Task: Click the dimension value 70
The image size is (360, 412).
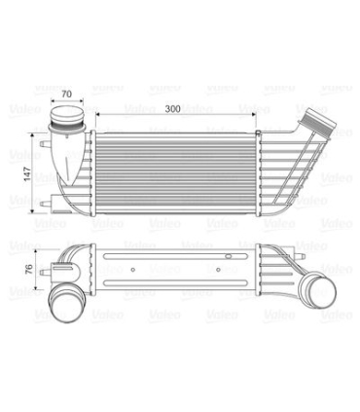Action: point(66,94)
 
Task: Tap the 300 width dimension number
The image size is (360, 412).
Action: point(172,109)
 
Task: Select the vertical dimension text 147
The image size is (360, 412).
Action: point(27,173)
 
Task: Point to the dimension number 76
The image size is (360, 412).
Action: point(29,269)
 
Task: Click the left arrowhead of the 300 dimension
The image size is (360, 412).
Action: point(97,114)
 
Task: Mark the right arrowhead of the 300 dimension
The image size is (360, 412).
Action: point(254,114)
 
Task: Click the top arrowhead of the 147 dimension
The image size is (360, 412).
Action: point(31,135)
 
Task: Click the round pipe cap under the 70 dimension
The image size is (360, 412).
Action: point(67,114)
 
